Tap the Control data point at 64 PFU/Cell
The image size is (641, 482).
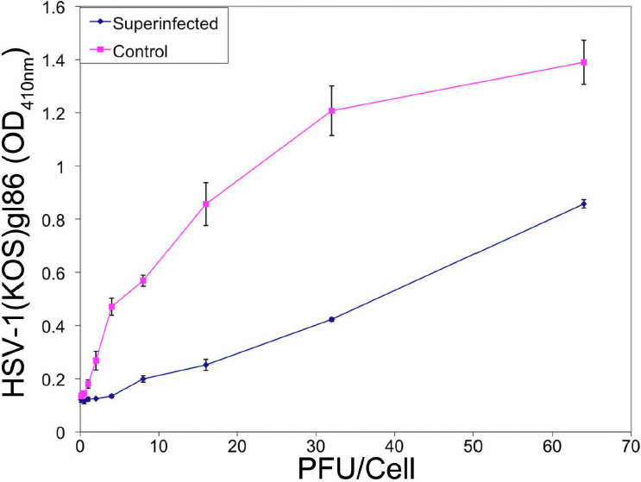584,62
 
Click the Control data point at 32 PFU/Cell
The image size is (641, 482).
332,110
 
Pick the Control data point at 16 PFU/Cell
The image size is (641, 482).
205,203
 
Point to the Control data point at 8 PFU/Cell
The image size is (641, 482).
143,280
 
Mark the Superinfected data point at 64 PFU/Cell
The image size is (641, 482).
584,203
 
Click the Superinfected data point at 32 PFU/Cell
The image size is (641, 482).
332,319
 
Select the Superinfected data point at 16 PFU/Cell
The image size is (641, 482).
205,365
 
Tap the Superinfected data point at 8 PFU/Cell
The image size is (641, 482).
143,379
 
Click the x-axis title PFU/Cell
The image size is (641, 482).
353,469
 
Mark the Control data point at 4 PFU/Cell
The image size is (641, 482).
111,307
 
